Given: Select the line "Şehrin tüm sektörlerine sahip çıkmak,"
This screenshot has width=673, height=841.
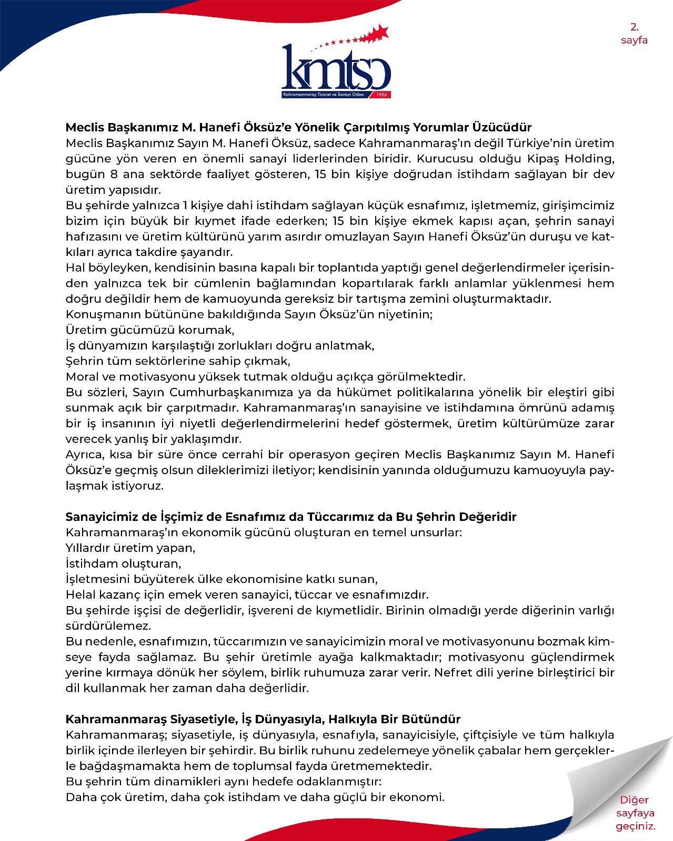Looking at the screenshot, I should [178, 361].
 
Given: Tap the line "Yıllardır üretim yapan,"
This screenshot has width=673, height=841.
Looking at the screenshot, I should [130, 548].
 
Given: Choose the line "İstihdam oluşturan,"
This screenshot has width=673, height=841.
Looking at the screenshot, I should [123, 563].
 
